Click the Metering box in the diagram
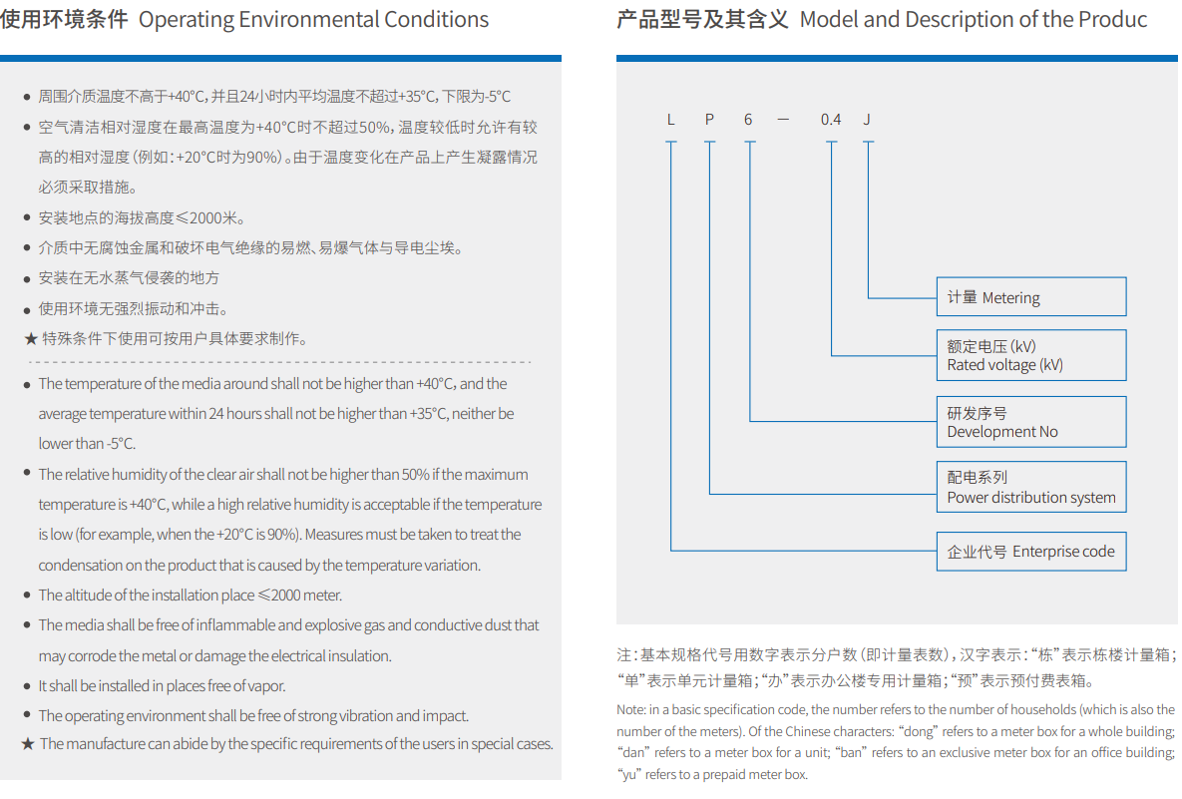[1031, 297]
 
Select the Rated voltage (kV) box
[1031, 355]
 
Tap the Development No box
[1031, 421]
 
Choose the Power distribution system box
[1031, 487]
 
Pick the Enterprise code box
[1031, 551]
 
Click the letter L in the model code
[671, 119]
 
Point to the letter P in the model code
[709, 119]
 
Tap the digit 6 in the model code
[748, 119]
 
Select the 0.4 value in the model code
[831, 119]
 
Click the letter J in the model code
[867, 119]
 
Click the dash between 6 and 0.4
[783, 120]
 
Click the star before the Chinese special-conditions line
[31, 339]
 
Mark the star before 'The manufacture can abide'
[28, 744]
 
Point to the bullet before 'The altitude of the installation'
[27, 595]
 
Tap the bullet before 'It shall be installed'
[27, 686]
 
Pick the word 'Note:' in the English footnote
[631, 709]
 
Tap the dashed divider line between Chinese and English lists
[279, 362]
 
